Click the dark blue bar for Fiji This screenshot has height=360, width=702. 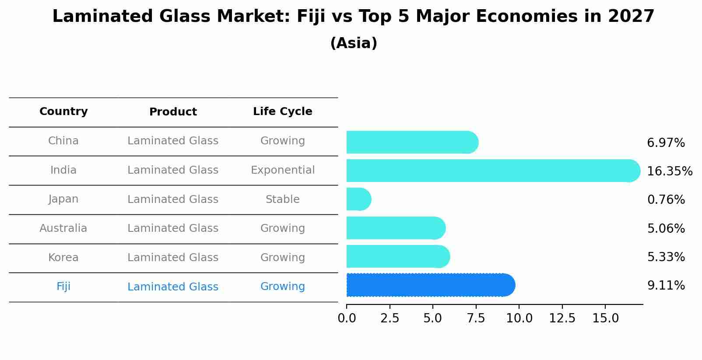point(430,285)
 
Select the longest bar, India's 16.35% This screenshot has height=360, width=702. point(492,171)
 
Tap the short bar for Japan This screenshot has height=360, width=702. point(358,199)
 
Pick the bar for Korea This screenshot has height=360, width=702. point(397,257)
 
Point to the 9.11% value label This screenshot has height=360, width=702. point(666,286)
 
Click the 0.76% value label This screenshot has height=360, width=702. point(666,200)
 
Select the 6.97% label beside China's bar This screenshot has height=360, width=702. point(666,143)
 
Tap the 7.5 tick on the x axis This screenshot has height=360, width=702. point(476,318)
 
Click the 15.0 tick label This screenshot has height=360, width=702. point(605,318)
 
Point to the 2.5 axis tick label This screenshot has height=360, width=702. point(390,318)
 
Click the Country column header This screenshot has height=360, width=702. point(63,112)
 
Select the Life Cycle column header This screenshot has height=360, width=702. point(282,112)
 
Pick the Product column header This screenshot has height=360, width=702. point(173,112)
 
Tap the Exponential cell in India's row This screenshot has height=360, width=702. point(282,170)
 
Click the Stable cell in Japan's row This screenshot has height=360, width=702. point(282,199)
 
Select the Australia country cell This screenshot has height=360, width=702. point(63,228)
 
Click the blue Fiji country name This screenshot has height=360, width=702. point(63,287)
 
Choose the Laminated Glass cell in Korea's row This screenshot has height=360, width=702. point(173,258)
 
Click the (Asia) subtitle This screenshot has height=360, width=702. point(354,43)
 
